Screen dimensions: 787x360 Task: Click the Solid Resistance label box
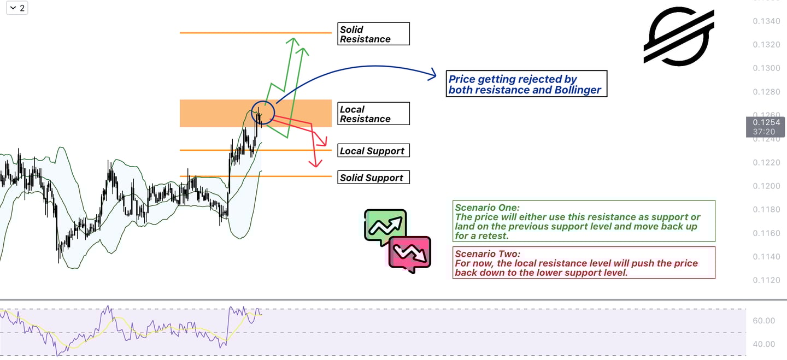pos(373,34)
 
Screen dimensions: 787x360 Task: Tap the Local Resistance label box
pos(373,114)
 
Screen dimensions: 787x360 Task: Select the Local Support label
pos(373,151)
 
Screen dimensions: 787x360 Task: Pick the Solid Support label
pos(373,178)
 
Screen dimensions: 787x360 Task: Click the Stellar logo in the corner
pos(679,36)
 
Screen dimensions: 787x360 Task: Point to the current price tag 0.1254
pos(766,127)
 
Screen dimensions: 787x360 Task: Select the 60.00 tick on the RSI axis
pos(763,321)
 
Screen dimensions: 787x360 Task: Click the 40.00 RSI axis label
pos(763,344)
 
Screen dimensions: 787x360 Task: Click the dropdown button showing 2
pos(17,8)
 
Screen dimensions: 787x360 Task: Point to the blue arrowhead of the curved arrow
pos(432,73)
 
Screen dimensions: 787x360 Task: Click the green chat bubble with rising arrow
pos(385,226)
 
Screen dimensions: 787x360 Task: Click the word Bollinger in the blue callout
pos(573,90)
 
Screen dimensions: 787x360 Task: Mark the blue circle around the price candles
pos(263,113)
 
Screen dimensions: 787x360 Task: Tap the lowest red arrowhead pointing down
pos(314,162)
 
